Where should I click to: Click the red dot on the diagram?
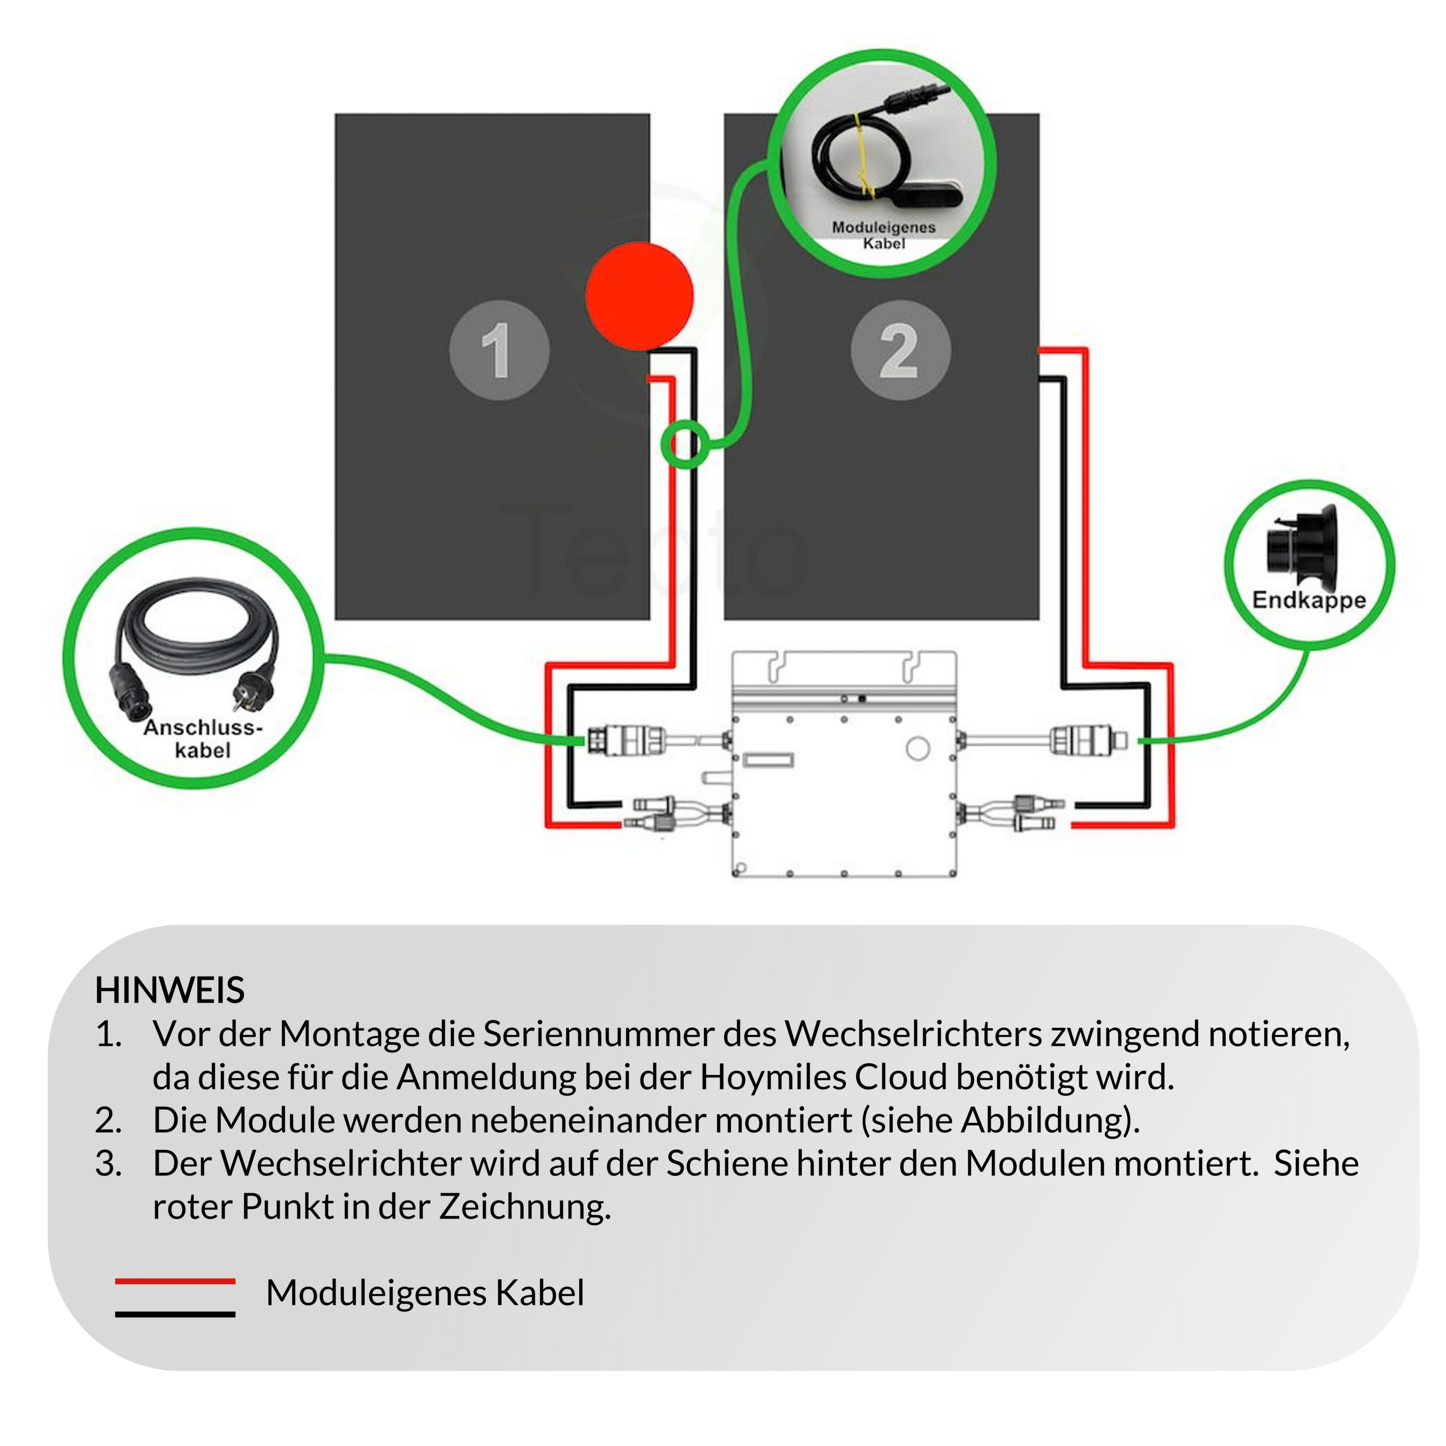[x=639, y=296]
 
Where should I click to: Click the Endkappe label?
[x=1308, y=600]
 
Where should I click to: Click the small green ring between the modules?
[x=684, y=444]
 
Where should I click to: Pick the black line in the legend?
[x=175, y=1314]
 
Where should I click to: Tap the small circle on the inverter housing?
[x=918, y=748]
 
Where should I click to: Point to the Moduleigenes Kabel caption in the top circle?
[x=883, y=234]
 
